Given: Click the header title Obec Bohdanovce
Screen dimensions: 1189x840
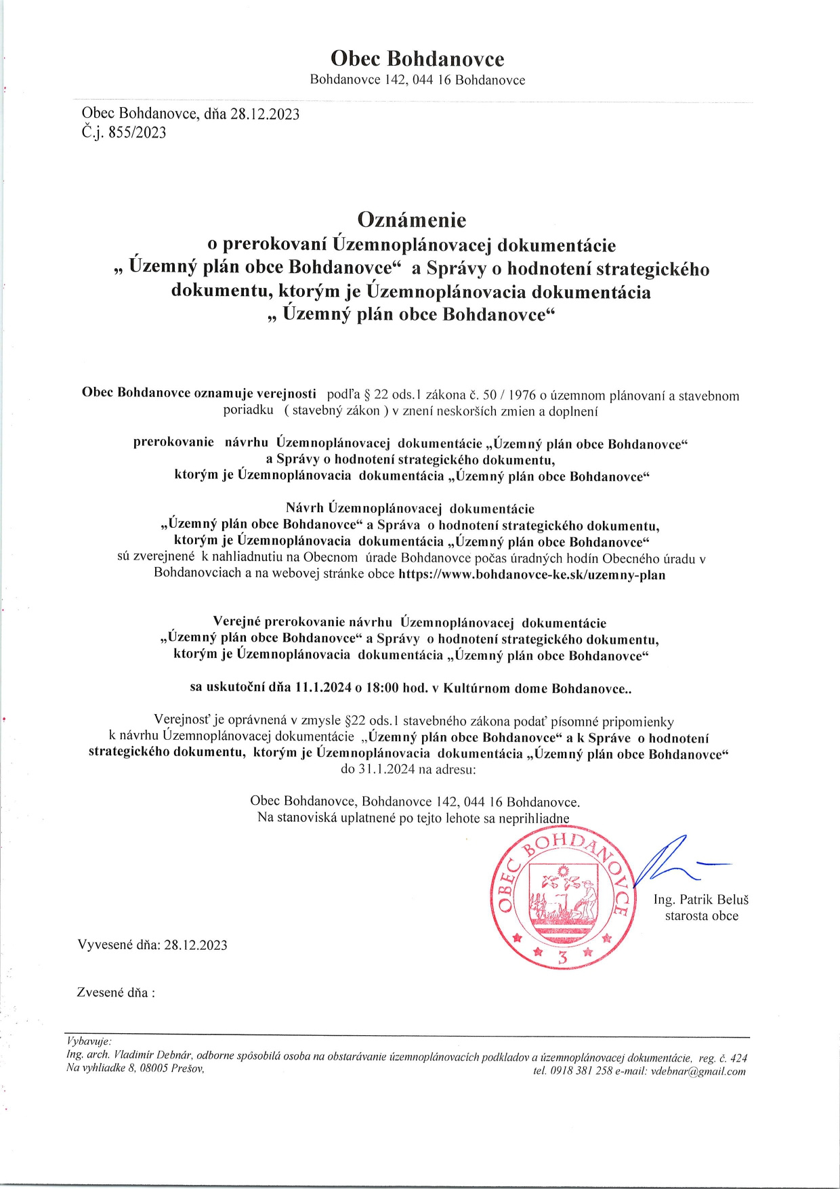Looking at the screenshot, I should tap(417, 59).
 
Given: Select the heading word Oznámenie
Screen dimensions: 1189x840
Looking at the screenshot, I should tap(412, 220).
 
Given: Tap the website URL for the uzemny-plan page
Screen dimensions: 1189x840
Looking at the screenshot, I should tap(532, 575).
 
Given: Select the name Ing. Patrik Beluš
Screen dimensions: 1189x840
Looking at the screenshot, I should tap(701, 900).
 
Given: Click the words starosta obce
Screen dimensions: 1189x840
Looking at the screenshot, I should tap(701, 916).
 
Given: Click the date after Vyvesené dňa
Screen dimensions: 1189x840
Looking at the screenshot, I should tap(196, 945).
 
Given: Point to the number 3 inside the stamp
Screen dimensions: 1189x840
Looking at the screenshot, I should tap(562, 957).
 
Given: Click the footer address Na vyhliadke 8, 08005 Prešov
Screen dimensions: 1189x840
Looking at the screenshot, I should tap(135, 1068).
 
